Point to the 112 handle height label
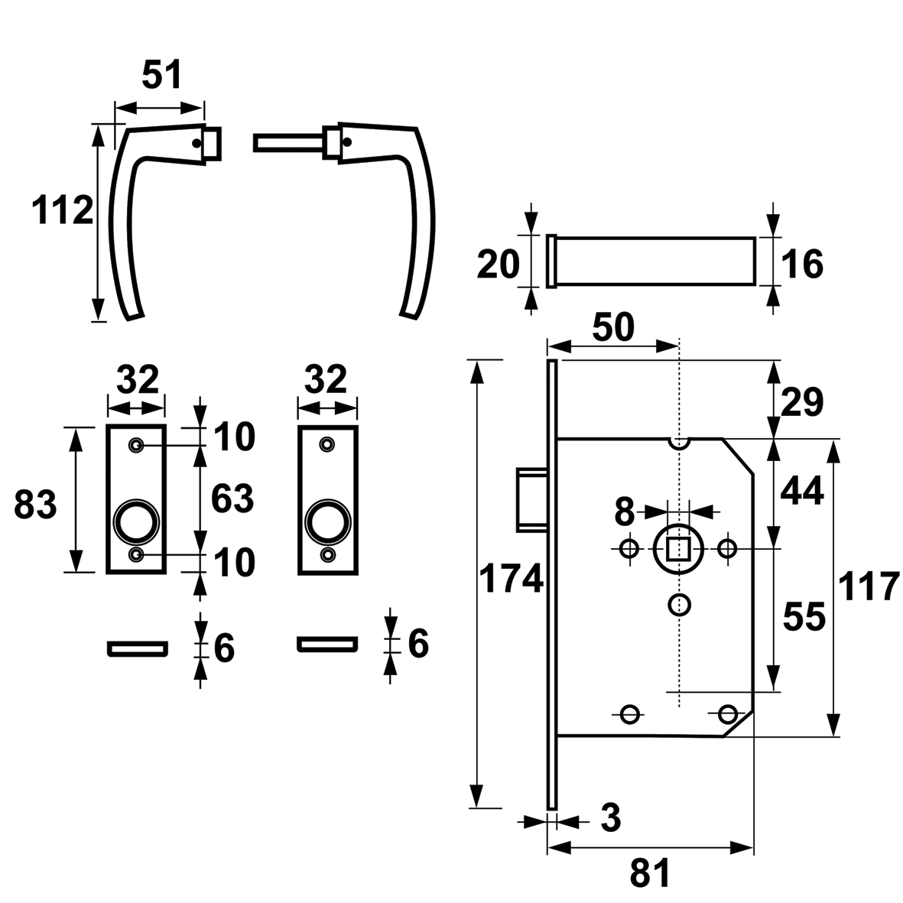(63, 210)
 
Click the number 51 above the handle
(163, 76)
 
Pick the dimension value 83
(36, 505)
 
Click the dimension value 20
(498, 265)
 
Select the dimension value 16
(802, 265)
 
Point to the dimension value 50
(613, 327)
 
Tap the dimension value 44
(802, 491)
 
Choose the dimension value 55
(804, 616)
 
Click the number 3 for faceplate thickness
(610, 819)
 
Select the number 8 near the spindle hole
(625, 512)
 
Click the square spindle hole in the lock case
(677, 548)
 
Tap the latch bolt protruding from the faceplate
(533, 498)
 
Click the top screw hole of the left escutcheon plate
(137, 445)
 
